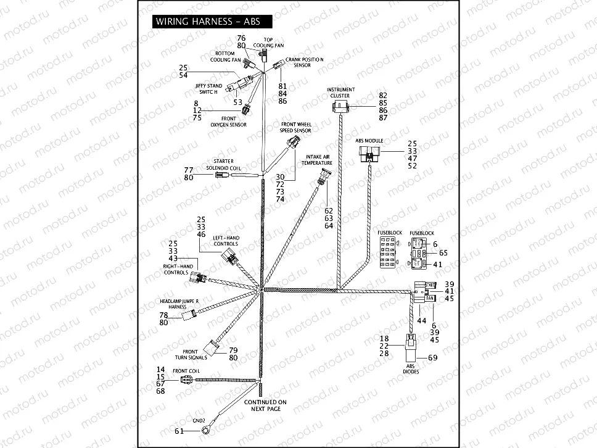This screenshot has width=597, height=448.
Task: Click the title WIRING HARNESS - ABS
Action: click(208, 21)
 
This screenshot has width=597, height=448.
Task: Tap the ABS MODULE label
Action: click(369, 141)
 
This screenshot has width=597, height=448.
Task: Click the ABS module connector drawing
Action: click(371, 156)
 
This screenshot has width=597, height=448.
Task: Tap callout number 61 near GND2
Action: click(179, 431)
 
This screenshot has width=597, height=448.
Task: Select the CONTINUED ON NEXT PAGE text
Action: click(265, 405)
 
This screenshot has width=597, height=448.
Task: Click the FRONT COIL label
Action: click(185, 371)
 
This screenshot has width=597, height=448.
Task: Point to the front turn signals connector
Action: click(212, 348)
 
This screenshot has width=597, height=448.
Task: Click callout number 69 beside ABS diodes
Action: click(432, 358)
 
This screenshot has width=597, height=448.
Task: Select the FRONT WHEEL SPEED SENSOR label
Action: click(295, 127)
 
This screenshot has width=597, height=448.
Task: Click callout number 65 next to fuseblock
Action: click(443, 253)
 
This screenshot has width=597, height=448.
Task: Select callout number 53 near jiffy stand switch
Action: click(237, 101)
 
